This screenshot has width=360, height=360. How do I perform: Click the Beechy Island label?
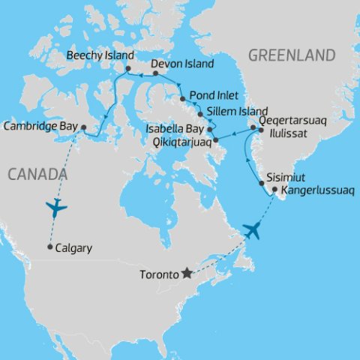[x=100, y=56]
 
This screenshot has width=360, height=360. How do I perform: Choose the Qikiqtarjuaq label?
[x=180, y=140]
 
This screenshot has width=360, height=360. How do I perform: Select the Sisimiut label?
[x=284, y=181]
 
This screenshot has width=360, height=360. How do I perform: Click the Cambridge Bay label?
[x=40, y=127]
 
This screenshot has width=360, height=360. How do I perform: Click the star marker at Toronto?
[x=186, y=274]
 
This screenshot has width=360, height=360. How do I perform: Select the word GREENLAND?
[x=291, y=55]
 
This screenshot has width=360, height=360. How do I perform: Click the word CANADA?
[x=37, y=174]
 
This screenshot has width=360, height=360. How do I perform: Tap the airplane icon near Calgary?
[x=56, y=207]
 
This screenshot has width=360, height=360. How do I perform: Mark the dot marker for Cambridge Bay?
[x=83, y=127]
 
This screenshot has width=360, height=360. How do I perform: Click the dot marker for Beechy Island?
[x=128, y=68]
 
